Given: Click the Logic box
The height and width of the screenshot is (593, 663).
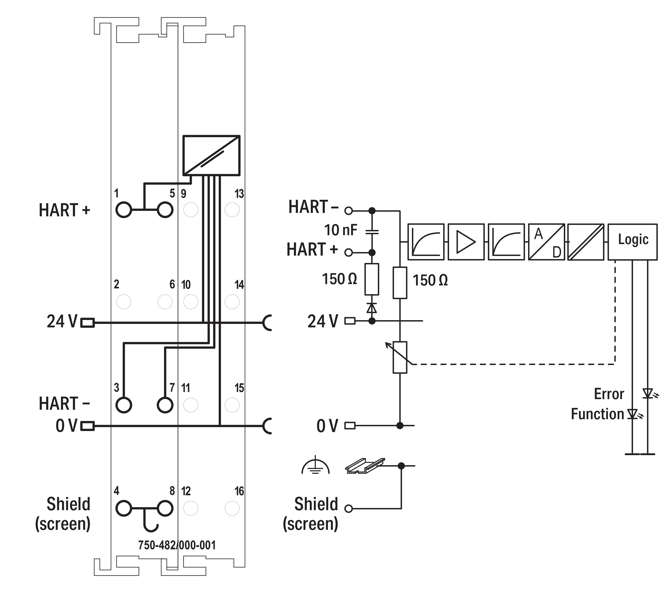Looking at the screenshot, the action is (632, 242).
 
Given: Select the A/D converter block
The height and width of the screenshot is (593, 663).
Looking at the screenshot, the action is (546, 242).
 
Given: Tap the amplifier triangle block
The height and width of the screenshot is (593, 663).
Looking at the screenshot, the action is (466, 242).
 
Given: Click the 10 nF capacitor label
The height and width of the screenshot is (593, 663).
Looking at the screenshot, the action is (341, 230).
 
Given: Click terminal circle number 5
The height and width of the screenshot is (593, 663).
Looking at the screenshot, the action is (165, 210).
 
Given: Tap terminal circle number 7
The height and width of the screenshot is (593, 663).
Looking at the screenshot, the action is (165, 405).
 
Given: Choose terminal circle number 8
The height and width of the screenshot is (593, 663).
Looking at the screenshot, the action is (165, 508).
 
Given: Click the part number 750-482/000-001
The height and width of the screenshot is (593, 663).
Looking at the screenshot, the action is (177, 545).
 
